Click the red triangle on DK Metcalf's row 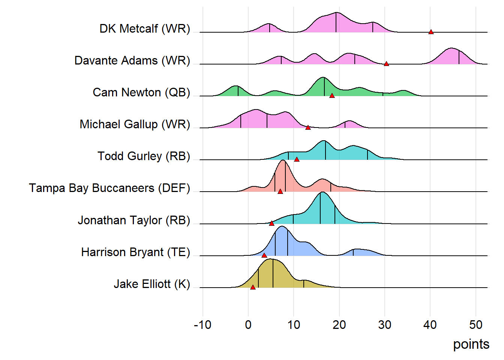tap(431, 32)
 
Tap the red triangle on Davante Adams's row tap(386, 64)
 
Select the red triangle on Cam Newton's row tap(332, 96)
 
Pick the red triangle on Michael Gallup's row tap(308, 127)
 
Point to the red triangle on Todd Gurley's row tap(297, 159)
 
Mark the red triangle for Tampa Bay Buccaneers tap(280, 191)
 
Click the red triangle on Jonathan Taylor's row tap(271, 223)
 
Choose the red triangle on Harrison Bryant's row tap(264, 255)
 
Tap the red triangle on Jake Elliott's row tap(253, 287)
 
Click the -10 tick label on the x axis tap(202, 325)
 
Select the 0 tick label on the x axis tap(248, 325)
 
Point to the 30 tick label tap(385, 325)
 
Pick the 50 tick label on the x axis tap(476, 325)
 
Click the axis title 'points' tap(471, 344)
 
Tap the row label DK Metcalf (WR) tap(145, 29)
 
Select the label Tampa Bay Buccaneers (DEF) tap(109, 188)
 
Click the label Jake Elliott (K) tap(152, 284)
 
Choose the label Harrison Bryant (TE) tap(135, 252)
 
